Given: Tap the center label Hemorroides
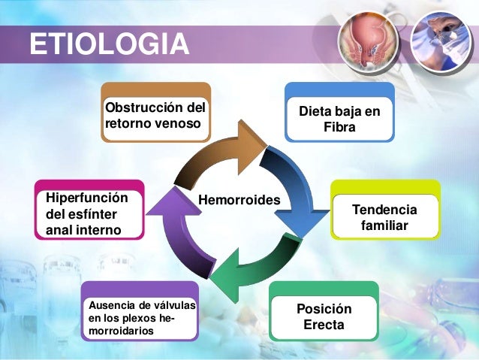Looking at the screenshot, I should (x=238, y=201).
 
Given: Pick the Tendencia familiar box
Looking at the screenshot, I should (x=384, y=216).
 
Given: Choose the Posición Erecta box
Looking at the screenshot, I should (x=324, y=318).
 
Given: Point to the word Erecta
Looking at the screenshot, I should (x=324, y=326).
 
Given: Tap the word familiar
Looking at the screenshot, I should (x=384, y=225).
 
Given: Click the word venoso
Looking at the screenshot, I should (x=179, y=123).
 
